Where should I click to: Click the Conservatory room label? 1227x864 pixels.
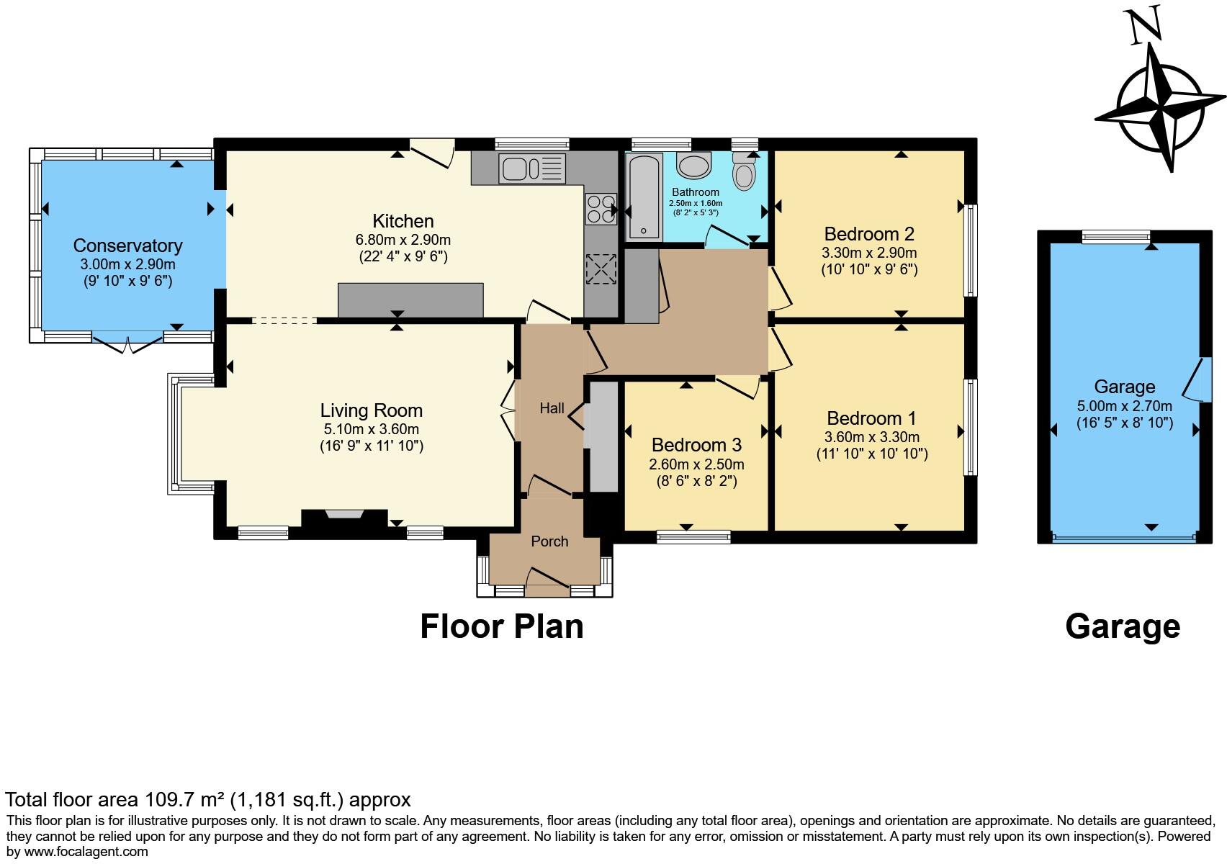[127, 246]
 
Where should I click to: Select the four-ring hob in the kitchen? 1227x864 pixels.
[601, 210]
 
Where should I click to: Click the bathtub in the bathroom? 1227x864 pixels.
[643, 196]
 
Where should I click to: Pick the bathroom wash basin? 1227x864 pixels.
[693, 165]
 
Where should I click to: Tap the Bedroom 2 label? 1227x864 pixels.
[869, 234]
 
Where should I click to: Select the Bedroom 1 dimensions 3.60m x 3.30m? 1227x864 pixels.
[871, 437]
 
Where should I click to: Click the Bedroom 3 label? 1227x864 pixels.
[696, 445]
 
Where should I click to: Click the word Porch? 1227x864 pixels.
[549, 541]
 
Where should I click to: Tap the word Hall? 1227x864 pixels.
[552, 408]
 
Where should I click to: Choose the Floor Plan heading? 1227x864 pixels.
[501, 626]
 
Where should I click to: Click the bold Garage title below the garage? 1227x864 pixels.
[1122, 626]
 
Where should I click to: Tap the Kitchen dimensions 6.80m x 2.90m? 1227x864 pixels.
[403, 240]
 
